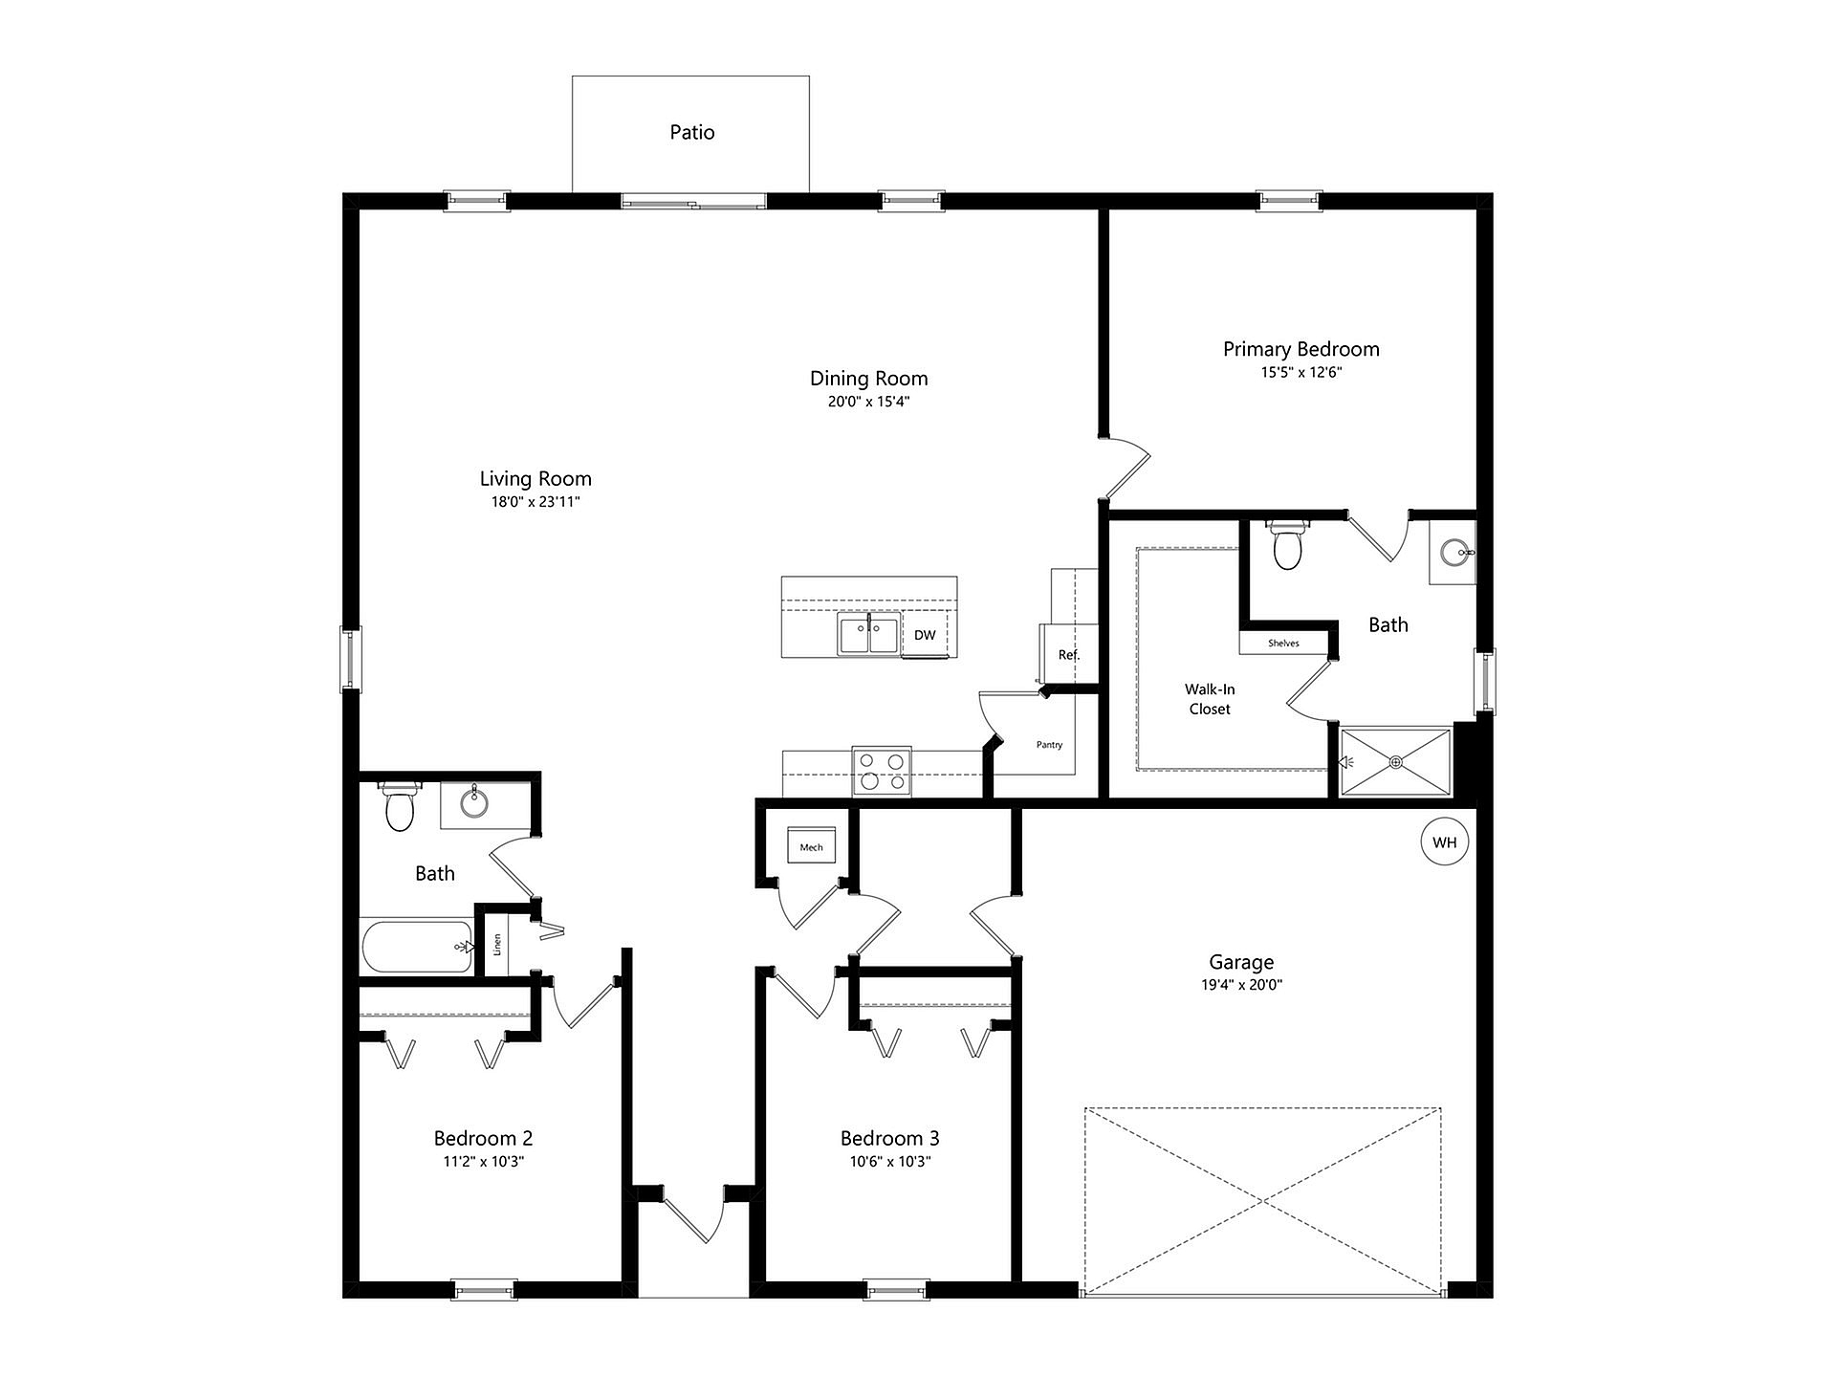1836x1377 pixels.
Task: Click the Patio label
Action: pyautogui.click(x=691, y=132)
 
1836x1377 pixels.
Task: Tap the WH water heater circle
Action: pyautogui.click(x=1444, y=842)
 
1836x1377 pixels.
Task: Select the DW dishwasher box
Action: pyautogui.click(x=925, y=635)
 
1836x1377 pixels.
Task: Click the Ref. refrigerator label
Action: pyautogui.click(x=1069, y=655)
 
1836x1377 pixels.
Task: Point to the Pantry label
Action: pyautogui.click(x=1049, y=745)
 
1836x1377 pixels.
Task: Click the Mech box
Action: pyautogui.click(x=811, y=846)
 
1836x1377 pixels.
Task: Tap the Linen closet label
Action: pyautogui.click(x=497, y=945)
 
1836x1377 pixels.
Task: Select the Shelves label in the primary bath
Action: pyautogui.click(x=1283, y=644)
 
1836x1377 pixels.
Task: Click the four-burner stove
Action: pyautogui.click(x=882, y=772)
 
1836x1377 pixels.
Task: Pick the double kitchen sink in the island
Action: pyautogui.click(x=869, y=635)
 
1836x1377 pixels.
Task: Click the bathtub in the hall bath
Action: pyautogui.click(x=417, y=947)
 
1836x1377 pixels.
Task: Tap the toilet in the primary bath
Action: pyautogui.click(x=1287, y=544)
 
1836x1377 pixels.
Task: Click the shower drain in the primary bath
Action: pyautogui.click(x=1396, y=762)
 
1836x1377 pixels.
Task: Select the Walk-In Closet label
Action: pyautogui.click(x=1210, y=699)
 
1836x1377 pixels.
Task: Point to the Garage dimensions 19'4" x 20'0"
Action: pyautogui.click(x=1241, y=985)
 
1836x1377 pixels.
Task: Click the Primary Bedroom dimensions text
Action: pyautogui.click(x=1300, y=372)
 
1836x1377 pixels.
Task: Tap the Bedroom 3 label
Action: pyautogui.click(x=889, y=1138)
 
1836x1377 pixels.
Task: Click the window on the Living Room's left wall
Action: pyautogui.click(x=352, y=659)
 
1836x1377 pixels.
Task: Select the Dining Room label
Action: pyautogui.click(x=868, y=379)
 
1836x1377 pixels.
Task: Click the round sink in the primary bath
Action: pyautogui.click(x=1454, y=552)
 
